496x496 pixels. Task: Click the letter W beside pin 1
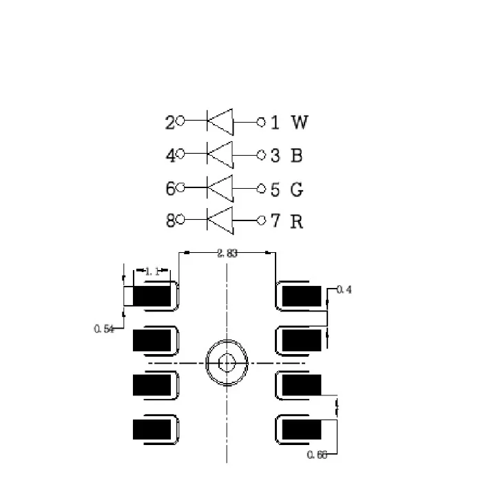point(300,123)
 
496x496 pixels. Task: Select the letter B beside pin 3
point(296,156)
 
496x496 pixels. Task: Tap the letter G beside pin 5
point(297,189)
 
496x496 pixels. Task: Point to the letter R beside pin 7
point(297,222)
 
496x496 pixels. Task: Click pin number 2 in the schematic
point(169,123)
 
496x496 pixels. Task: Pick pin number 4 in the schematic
point(169,156)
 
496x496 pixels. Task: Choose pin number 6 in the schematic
point(169,189)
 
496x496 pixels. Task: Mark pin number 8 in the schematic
point(169,222)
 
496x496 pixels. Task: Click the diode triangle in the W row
point(220,122)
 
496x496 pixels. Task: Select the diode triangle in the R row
point(220,221)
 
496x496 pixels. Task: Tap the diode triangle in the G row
point(220,187)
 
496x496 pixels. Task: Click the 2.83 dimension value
point(227,254)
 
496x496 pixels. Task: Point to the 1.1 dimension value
point(152,272)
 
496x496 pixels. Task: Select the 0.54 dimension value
point(103,329)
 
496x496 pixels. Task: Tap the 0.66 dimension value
point(317,454)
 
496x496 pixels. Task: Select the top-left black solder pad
point(152,296)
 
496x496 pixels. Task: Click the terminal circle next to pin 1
point(261,122)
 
